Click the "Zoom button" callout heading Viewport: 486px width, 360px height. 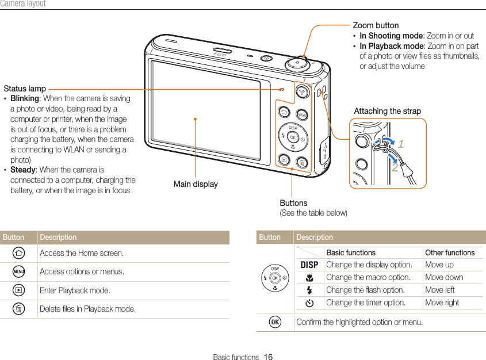click(375, 25)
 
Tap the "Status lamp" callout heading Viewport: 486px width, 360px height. click(25, 89)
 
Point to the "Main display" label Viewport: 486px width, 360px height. click(196, 184)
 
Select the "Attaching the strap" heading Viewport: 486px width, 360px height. click(387, 111)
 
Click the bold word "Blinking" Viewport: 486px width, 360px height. click(25, 98)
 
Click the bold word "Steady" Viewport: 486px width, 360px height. click(23, 170)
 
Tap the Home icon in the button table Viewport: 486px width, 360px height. click(19, 253)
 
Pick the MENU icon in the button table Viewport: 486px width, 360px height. click(19, 271)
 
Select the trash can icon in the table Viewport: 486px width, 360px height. click(19, 309)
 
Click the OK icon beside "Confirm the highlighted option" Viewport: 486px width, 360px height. click(275, 322)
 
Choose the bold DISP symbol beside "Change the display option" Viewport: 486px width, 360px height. click(309, 265)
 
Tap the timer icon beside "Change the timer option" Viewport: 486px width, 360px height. click(309, 302)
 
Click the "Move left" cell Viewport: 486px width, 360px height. click(439, 290)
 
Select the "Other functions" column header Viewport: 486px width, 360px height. click(450, 252)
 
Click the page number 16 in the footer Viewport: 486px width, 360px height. click(268, 357)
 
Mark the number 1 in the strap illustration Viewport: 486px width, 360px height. click(400, 144)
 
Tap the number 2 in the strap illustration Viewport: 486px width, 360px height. click(395, 168)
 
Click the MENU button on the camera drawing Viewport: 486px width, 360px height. click(302, 115)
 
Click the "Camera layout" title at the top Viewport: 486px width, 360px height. click(23, 4)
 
